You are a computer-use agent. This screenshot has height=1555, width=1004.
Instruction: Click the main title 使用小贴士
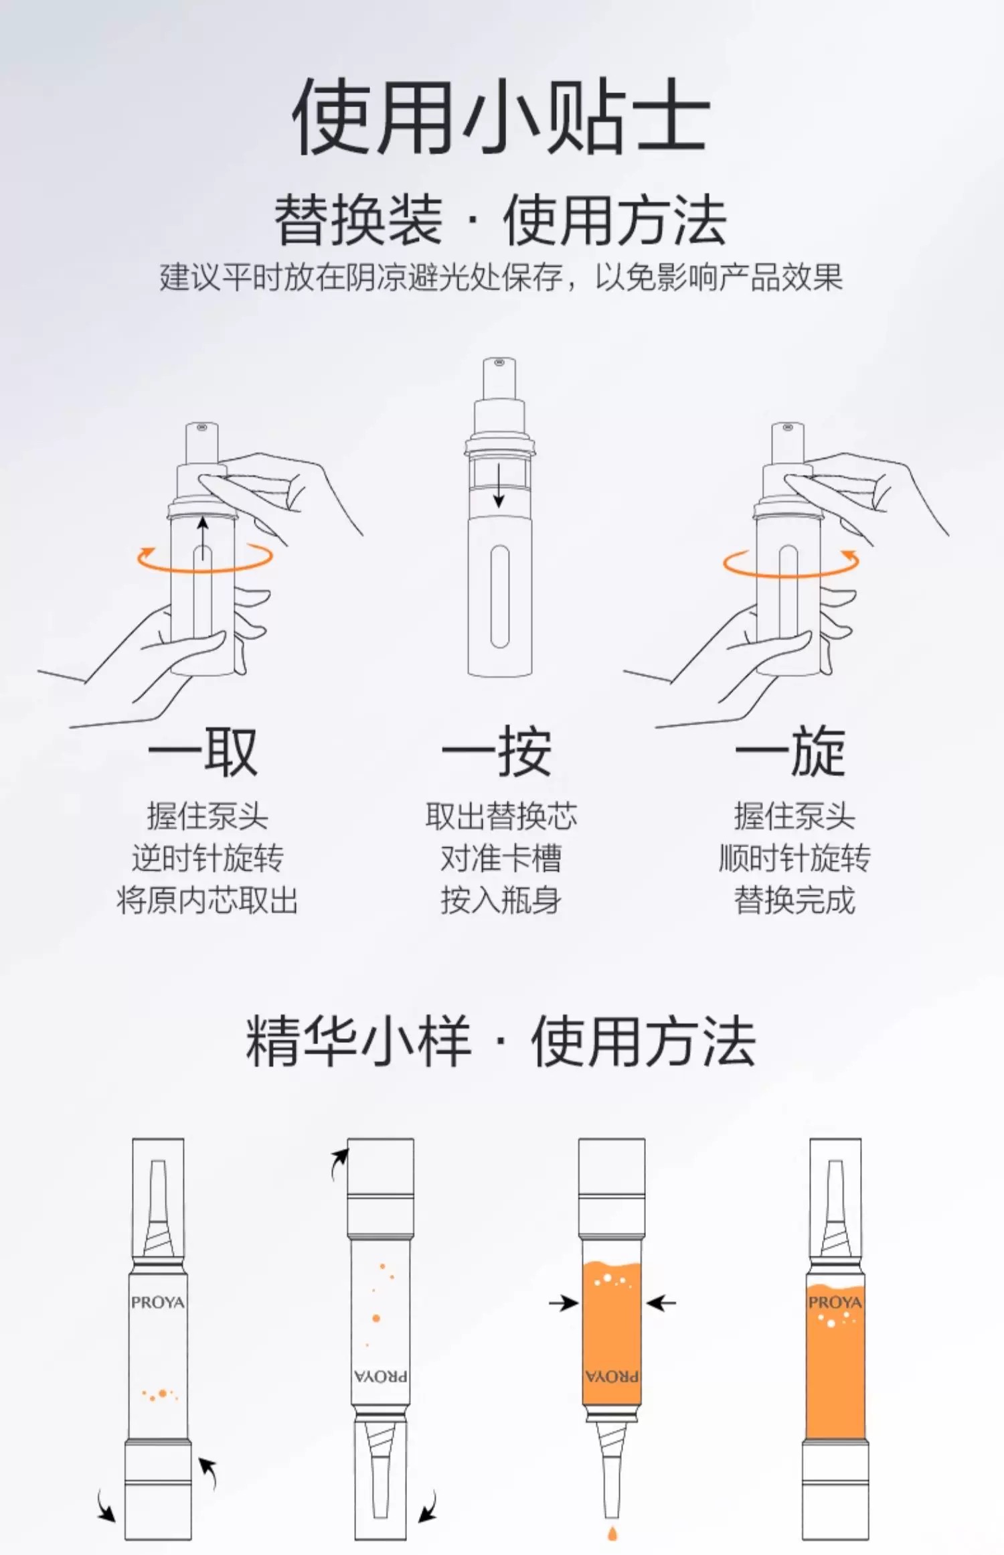[501, 115]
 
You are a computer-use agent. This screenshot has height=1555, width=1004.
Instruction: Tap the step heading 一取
[203, 751]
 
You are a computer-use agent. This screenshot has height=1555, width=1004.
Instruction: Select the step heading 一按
[497, 751]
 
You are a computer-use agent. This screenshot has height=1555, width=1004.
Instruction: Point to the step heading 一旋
[790, 751]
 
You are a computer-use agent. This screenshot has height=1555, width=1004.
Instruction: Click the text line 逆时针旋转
[207, 858]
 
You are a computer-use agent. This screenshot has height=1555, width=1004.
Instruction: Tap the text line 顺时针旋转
[794, 858]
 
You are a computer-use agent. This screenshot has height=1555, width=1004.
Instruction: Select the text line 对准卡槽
[501, 858]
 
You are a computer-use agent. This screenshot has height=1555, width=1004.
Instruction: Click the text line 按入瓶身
[501, 899]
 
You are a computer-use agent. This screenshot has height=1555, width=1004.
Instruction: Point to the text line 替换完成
[794, 899]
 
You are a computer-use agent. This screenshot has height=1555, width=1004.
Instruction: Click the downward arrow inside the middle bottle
[499, 485]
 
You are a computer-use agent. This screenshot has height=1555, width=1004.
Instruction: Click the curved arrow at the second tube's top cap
[339, 1164]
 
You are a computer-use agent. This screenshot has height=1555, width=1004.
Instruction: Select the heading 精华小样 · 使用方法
[501, 1041]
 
